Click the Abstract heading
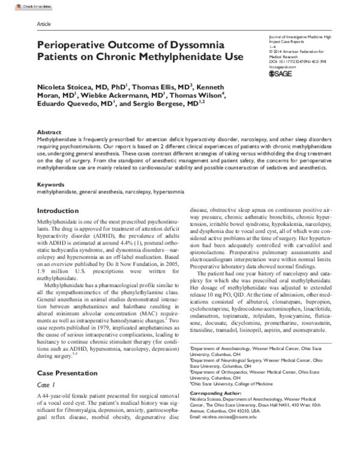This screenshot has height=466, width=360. [x=49, y=132]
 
